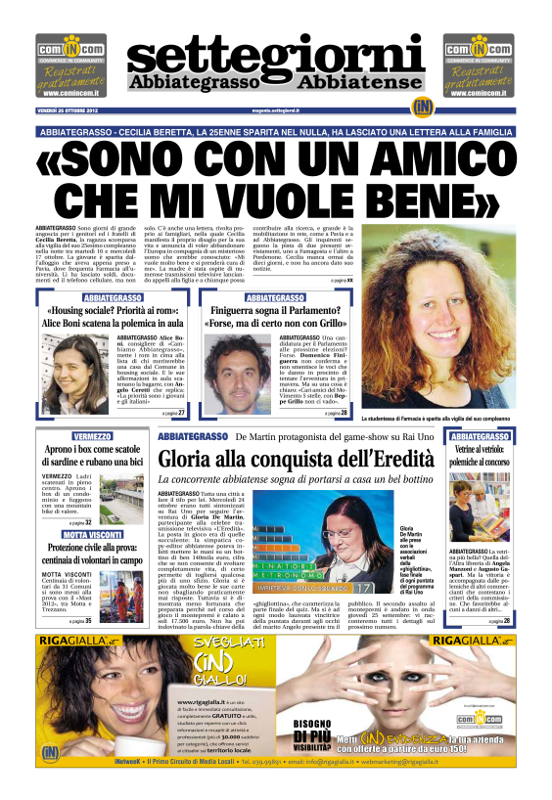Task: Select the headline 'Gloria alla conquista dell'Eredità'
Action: (297, 456)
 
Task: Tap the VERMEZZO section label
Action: (92, 435)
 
